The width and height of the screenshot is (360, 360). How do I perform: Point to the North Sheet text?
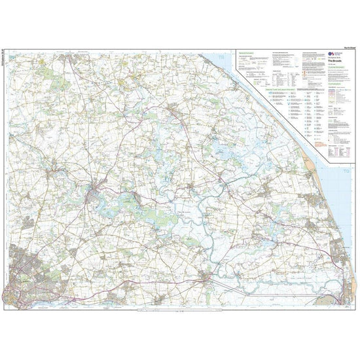coord(343,48)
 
